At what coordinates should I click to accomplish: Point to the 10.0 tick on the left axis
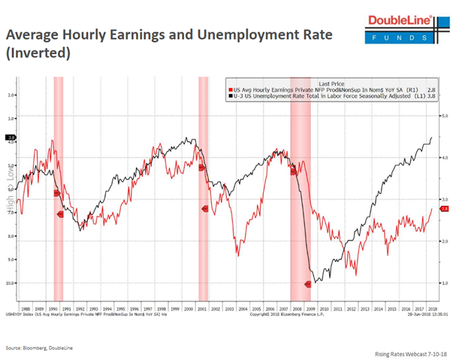(11, 283)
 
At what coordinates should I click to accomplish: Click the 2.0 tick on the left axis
(11, 95)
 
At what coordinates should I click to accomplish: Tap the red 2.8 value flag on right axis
(444, 208)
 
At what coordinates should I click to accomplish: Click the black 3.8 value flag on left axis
(10, 138)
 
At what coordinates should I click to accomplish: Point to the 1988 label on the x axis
(27, 308)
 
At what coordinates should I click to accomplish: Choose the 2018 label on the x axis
(433, 308)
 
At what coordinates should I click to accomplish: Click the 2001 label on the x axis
(203, 308)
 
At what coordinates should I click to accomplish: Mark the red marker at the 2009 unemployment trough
(307, 284)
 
